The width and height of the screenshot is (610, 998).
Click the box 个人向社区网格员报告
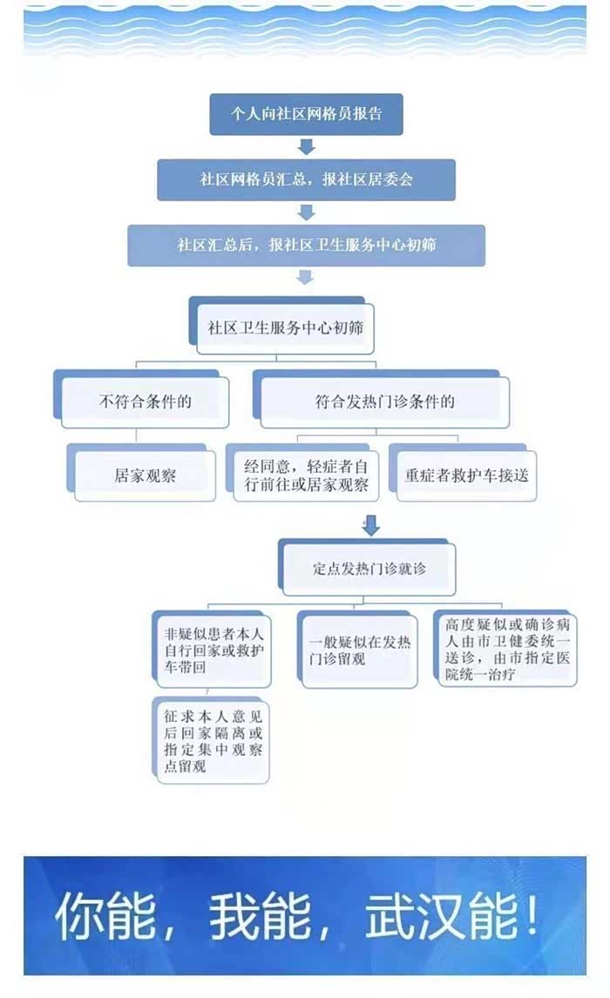tap(306, 114)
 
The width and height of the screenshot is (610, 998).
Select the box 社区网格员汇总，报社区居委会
tap(306, 180)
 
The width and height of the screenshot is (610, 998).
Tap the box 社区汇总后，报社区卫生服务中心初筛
tap(306, 245)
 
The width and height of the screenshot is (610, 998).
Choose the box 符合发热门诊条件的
tap(384, 402)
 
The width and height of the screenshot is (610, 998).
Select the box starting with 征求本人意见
tap(213, 740)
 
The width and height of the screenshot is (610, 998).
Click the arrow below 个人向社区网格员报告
tap(306, 146)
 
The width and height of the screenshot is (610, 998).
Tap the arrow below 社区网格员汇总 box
tap(306, 212)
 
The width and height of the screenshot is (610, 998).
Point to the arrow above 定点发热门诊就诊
tap(371, 526)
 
